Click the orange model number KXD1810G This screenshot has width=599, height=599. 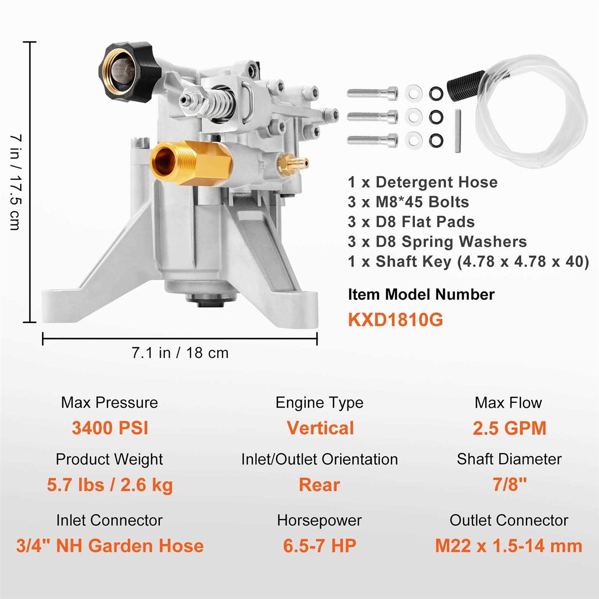(x=395, y=320)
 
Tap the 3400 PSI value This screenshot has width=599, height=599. (x=110, y=428)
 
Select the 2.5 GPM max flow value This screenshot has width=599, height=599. (x=509, y=428)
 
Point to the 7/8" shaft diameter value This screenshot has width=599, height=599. (x=509, y=484)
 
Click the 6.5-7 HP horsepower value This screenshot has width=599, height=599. (x=319, y=546)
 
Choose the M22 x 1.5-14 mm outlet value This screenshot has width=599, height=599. (x=508, y=546)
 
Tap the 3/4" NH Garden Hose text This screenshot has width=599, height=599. (x=110, y=546)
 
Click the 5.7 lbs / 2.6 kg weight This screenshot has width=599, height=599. (x=110, y=485)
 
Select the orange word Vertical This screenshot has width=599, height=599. (x=320, y=428)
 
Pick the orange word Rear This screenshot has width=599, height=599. (x=319, y=485)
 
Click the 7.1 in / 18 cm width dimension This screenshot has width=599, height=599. (x=180, y=353)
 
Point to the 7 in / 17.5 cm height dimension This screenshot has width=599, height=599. (x=15, y=182)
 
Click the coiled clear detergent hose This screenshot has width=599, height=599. (x=531, y=116)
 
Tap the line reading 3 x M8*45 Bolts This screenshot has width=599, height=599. (x=408, y=202)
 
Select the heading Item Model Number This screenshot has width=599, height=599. (x=421, y=295)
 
